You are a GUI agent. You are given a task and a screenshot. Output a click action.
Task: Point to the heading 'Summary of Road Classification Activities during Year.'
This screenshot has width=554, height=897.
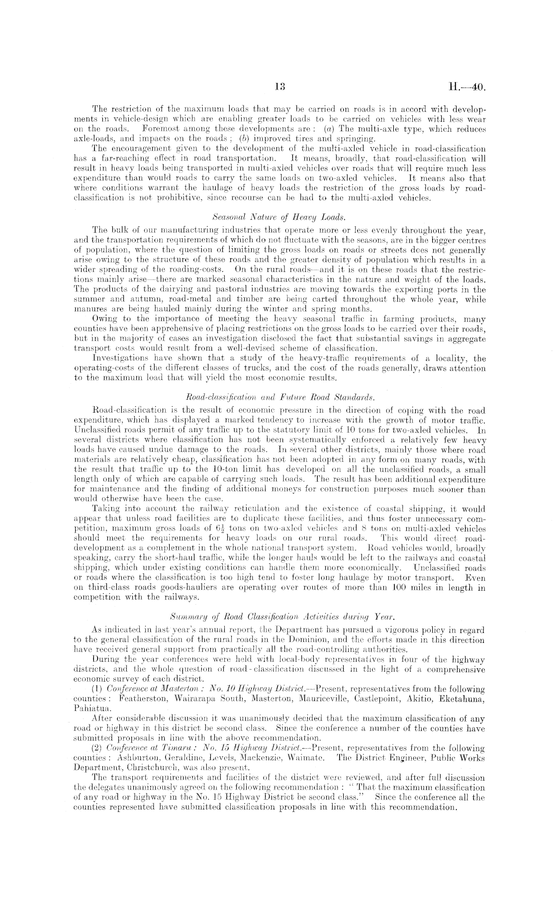click(277, 617)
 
